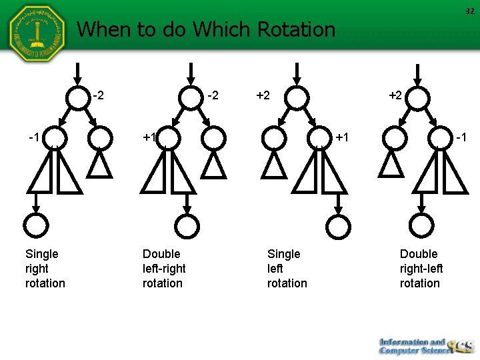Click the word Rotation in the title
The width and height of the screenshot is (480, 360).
[x=296, y=29]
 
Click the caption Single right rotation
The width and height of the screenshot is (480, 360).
[x=45, y=268]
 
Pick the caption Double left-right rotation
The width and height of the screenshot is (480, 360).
[x=163, y=268]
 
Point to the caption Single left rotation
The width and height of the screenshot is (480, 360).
[x=287, y=268]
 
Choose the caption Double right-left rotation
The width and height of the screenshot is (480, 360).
[x=420, y=268]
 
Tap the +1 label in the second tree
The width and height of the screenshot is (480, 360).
[x=149, y=137]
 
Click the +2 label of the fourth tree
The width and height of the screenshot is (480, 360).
[x=395, y=95]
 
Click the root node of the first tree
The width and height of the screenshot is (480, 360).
[x=77, y=97]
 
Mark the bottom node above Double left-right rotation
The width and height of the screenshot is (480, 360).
[x=189, y=226]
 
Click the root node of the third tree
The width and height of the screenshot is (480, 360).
[x=298, y=97]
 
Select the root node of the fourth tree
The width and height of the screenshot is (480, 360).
[x=417, y=97]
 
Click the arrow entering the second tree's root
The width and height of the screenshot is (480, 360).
[x=191, y=74]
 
